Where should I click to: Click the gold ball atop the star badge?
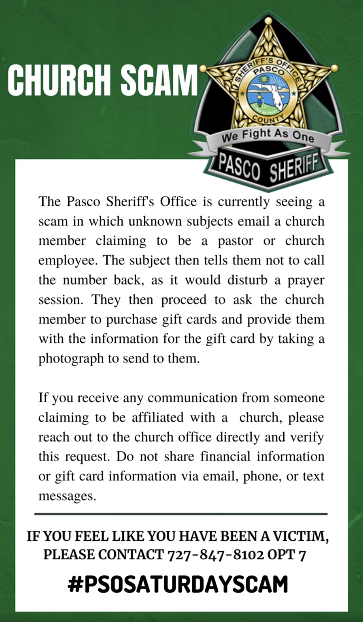coord(268,20)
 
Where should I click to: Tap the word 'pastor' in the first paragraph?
coord(235,241)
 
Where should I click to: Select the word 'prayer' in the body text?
coord(306,280)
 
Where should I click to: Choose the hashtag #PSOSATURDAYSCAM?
coord(178,584)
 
